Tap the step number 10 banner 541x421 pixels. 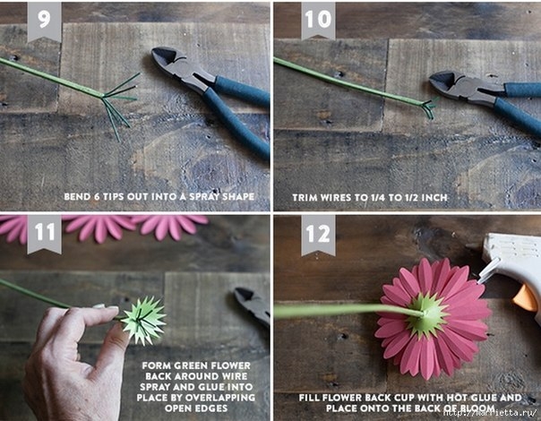coord(318,21)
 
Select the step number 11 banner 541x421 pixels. coord(44,234)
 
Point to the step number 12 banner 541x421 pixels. coord(318,235)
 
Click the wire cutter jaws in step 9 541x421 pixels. coord(173,64)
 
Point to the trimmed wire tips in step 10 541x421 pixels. coord(429,107)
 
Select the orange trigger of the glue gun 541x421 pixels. coord(525,298)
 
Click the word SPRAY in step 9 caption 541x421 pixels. coord(201,197)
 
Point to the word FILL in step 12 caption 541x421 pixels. coord(309,398)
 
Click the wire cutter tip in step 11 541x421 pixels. coord(240,293)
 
